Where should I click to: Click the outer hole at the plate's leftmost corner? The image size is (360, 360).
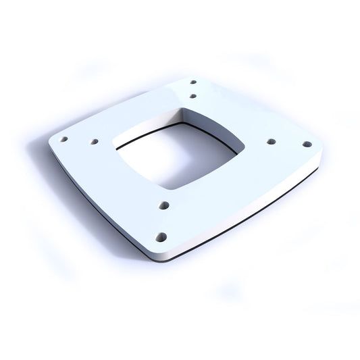coord(63,139)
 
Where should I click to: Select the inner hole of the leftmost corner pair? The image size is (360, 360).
coord(94,142)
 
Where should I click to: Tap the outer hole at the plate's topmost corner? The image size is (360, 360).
coord(193,83)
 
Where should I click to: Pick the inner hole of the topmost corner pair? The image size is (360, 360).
coord(193,96)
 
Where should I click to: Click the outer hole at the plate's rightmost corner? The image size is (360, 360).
coord(307,144)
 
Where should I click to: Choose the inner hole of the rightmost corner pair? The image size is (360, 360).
coord(272,142)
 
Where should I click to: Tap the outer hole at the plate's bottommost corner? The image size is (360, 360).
coord(161,236)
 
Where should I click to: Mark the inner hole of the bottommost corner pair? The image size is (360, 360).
coord(163,204)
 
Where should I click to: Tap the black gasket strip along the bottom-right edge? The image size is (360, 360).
coord(250,213)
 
